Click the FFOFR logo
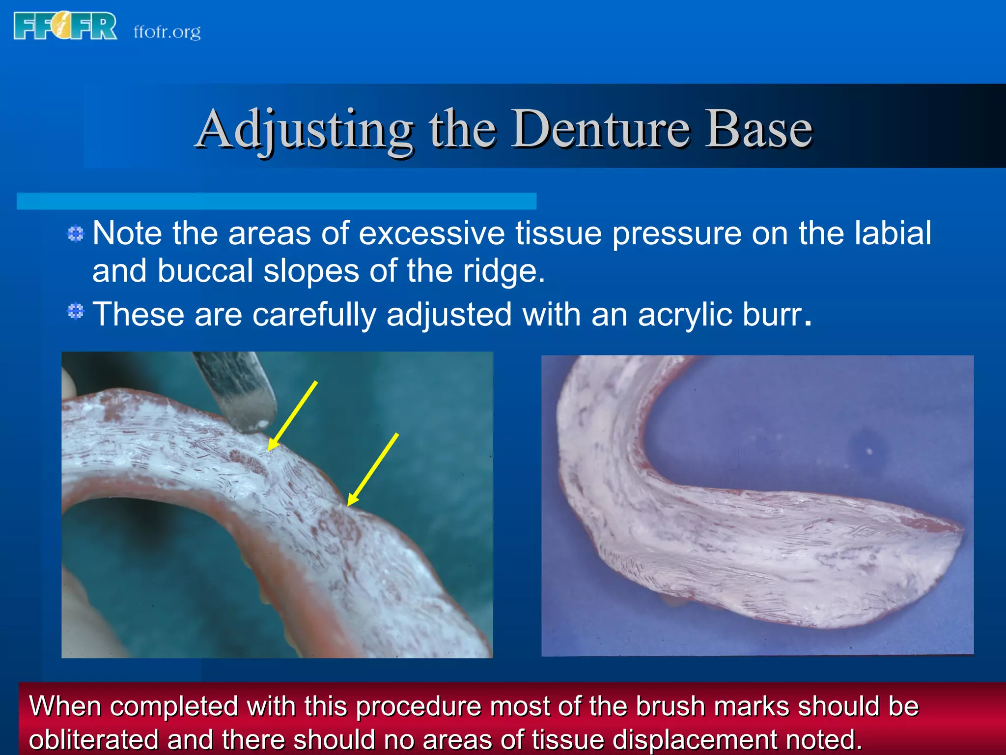[65, 26]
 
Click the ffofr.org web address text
[167, 32]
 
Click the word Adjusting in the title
[305, 129]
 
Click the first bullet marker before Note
[76, 233]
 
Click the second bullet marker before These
[76, 311]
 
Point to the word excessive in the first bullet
[431, 233]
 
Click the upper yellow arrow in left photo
[293, 415]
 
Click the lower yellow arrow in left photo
[373, 469]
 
